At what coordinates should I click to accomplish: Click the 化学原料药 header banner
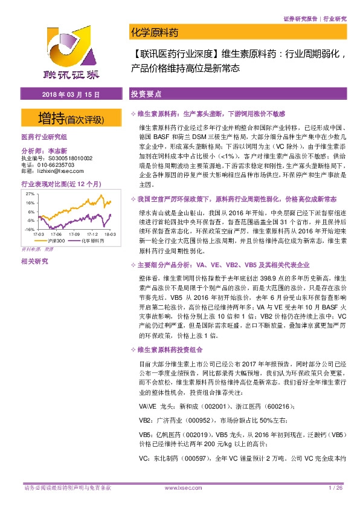155,32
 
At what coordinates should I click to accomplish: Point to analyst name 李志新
58,151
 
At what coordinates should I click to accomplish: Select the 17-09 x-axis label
74,234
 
